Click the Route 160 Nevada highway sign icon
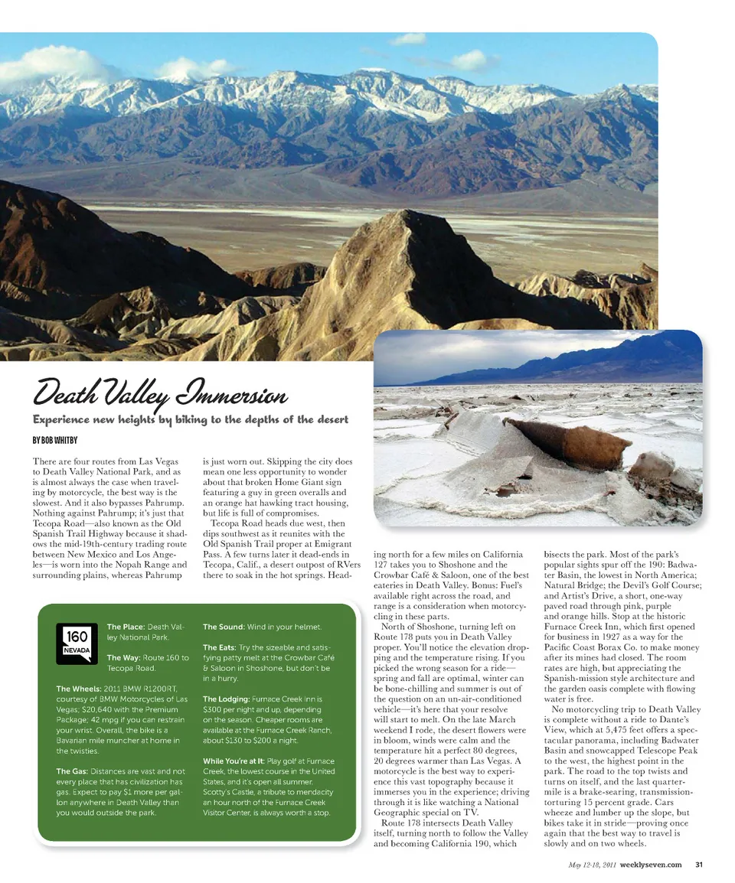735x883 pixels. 77,644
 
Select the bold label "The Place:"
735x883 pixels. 126,627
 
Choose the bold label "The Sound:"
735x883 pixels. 227,627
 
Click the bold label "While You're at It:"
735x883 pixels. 233,761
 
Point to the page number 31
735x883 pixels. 698,865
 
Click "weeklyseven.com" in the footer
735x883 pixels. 650,865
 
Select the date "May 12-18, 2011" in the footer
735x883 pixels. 592,865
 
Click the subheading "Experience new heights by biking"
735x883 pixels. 190,419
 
